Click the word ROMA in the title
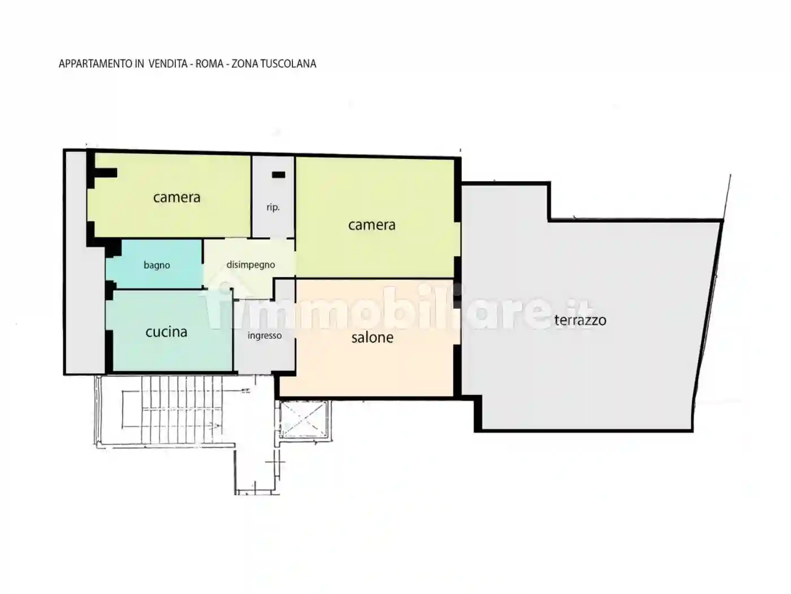(209, 64)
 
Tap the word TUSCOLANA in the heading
(288, 64)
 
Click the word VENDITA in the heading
(168, 64)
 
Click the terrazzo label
(580, 320)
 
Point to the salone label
(372, 338)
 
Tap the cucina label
(166, 332)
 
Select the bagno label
(157, 266)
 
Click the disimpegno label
(251, 265)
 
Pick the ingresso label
(265, 336)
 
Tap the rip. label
(273, 208)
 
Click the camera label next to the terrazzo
(372, 225)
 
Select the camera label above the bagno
(176, 197)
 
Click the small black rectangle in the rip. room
(279, 175)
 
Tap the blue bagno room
(154, 264)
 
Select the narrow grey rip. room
(273, 197)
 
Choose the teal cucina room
(169, 330)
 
